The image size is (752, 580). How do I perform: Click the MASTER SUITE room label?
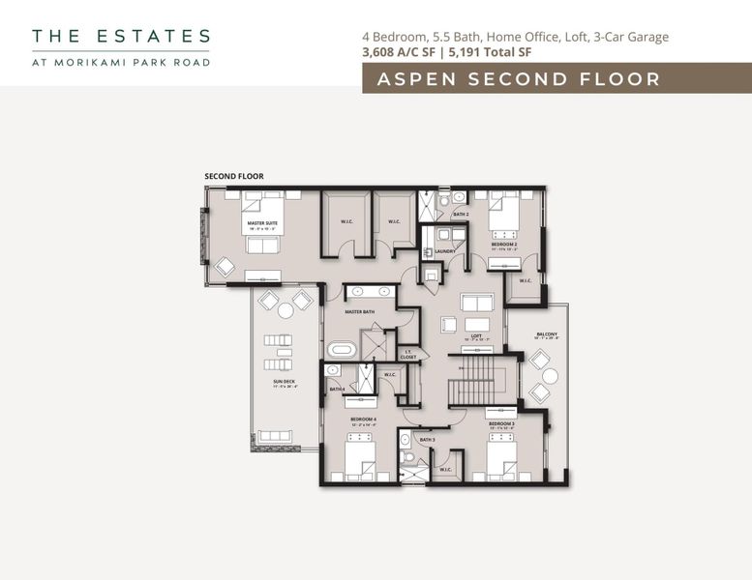point(262,223)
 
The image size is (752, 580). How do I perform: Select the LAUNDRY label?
point(444,251)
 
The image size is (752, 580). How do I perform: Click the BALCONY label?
point(547,334)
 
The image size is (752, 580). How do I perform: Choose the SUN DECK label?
point(284,382)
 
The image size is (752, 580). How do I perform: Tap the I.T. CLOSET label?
point(408,354)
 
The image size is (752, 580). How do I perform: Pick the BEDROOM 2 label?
point(504,245)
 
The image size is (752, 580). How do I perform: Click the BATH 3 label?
point(427,440)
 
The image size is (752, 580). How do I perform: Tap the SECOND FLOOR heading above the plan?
point(233,177)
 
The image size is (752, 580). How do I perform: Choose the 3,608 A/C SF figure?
point(398,52)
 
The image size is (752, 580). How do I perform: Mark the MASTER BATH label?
point(360,312)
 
